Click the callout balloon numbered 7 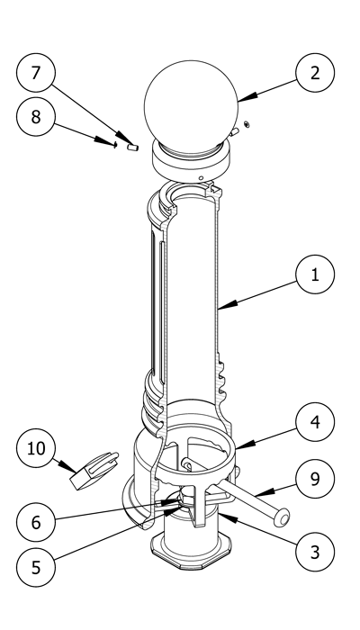[x=36, y=73]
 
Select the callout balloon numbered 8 [x=36, y=116]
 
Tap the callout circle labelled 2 [x=315, y=73]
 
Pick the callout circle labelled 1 [x=315, y=274]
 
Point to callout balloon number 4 [x=315, y=422]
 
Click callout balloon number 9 [x=315, y=479]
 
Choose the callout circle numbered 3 [x=315, y=552]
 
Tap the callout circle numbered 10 [x=36, y=448]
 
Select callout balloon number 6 [x=36, y=522]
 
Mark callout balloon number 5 [x=36, y=567]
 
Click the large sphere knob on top [x=191, y=107]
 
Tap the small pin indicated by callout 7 [x=132, y=148]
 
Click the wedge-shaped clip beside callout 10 [x=94, y=471]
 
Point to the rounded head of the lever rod [x=283, y=517]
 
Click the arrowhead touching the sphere [x=247, y=97]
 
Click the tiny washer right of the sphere [x=247, y=124]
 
